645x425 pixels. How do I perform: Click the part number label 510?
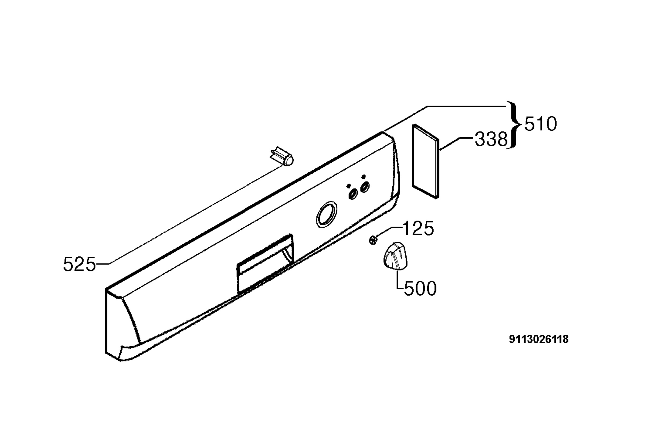tap(540, 124)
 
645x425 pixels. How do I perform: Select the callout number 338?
tap(491, 139)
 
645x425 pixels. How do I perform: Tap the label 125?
tap(418, 228)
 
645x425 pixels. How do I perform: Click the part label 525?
tap(79, 264)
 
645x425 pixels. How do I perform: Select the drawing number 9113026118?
tap(539, 339)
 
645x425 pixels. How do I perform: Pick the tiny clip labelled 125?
tap(373, 240)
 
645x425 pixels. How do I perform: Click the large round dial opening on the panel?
tap(327, 214)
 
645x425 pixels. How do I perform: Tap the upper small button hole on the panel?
tap(365, 187)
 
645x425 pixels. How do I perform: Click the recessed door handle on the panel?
tap(265, 263)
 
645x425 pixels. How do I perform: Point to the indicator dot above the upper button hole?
tap(363, 176)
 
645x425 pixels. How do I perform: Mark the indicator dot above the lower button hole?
tap(349, 186)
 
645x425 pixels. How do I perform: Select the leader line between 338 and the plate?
tap(457, 144)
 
